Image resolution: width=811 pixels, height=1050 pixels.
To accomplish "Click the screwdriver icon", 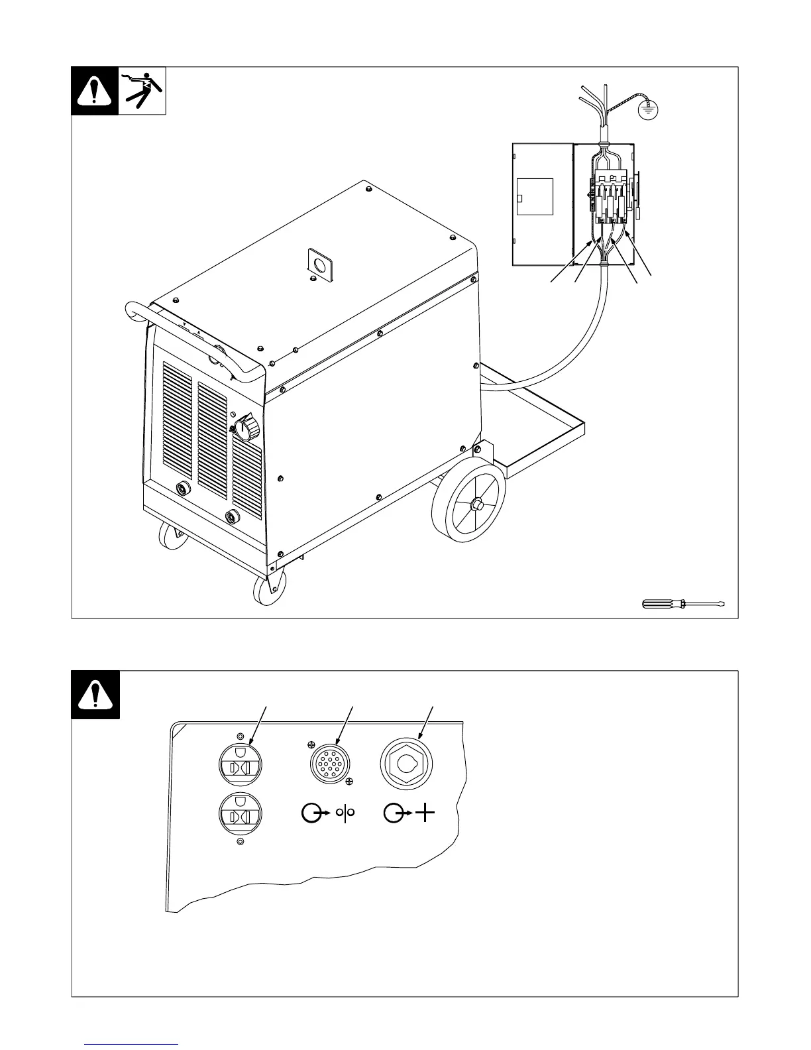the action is pyautogui.click(x=683, y=603).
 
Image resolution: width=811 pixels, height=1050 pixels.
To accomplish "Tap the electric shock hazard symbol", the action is pyautogui.click(x=142, y=91).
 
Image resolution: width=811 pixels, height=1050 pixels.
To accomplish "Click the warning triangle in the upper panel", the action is pyautogui.click(x=95, y=91).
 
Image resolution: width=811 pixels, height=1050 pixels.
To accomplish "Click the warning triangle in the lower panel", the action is pyautogui.click(x=95, y=695).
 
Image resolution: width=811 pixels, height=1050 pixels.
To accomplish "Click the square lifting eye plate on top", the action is pyautogui.click(x=319, y=264).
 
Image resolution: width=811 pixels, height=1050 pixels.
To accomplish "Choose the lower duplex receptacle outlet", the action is pyautogui.click(x=241, y=814).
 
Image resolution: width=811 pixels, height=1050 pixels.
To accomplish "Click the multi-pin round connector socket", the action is pyautogui.click(x=330, y=764).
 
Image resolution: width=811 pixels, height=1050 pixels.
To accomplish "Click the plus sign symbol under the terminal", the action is pyautogui.click(x=425, y=813).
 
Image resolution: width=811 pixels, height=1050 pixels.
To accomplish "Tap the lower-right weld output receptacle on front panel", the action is pyautogui.click(x=233, y=516).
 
